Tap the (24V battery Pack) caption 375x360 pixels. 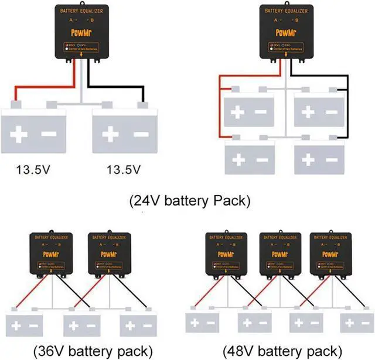point(189,201)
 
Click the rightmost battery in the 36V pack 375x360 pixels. point(136,324)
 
